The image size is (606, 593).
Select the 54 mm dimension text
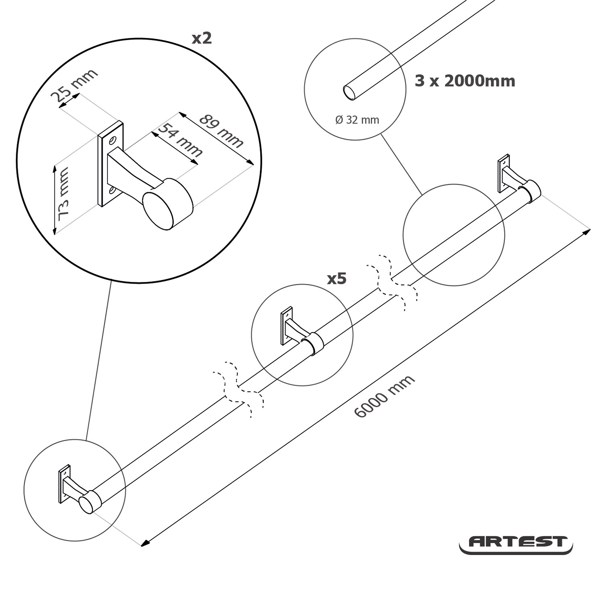179,140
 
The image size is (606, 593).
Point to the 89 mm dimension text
221,131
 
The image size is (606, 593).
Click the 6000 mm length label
384,396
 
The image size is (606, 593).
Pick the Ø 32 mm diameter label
357,120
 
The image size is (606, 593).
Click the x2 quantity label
202,38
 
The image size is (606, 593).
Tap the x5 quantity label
337,278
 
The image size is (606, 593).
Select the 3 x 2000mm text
465,81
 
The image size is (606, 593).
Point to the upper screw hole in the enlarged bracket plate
112,141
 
